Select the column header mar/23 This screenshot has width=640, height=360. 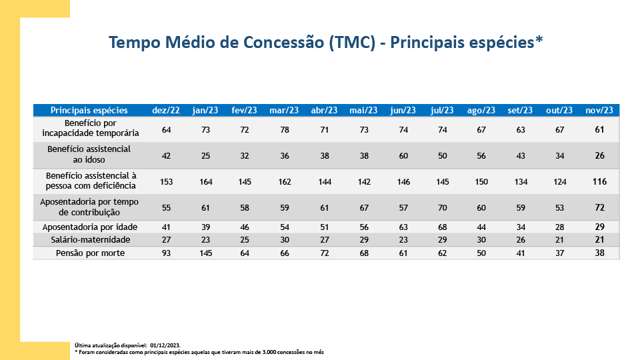click(x=283, y=110)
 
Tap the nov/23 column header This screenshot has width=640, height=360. click(x=599, y=110)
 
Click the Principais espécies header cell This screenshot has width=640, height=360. click(x=89, y=110)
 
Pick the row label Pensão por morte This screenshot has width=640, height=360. click(x=89, y=253)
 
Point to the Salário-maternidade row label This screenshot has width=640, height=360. click(x=89, y=240)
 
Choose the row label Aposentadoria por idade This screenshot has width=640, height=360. click(x=89, y=227)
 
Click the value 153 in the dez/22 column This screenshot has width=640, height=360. click(x=166, y=181)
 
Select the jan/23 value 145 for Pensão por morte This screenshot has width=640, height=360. click(x=205, y=253)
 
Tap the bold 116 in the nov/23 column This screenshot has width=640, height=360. click(x=599, y=181)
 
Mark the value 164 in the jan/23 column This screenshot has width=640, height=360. click(x=205, y=181)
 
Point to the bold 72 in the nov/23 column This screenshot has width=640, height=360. click(x=599, y=207)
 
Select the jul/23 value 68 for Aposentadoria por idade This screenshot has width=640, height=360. click(x=442, y=227)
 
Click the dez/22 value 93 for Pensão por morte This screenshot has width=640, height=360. click(x=166, y=253)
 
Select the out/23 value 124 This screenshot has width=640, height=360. click(x=559, y=181)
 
